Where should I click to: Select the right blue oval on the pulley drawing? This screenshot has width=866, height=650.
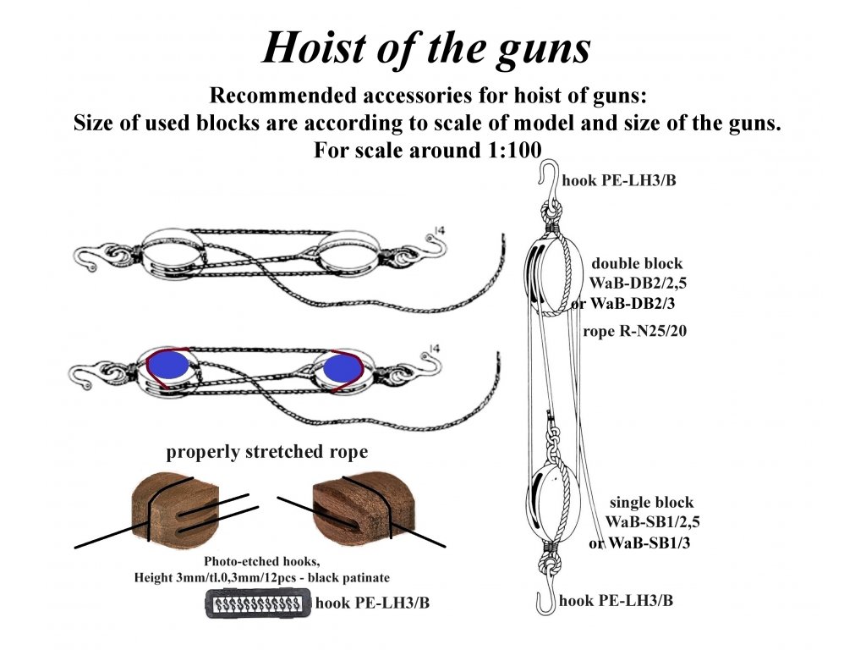click(338, 366)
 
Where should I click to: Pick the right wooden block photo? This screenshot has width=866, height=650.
click(351, 506)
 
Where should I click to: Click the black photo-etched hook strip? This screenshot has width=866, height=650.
click(257, 604)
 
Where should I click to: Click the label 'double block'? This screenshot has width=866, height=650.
click(637, 263)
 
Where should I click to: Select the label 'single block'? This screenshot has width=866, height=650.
click(651, 503)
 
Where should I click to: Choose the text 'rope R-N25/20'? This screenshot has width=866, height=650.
click(634, 332)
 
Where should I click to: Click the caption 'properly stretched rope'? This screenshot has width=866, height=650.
click(267, 452)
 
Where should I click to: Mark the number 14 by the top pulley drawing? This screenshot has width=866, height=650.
click(436, 229)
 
